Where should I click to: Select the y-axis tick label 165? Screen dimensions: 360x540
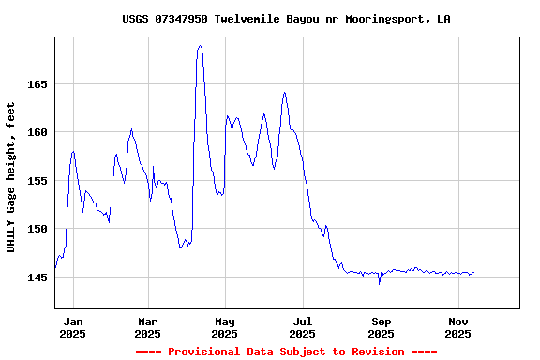[37, 83]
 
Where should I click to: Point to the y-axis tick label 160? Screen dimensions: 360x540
[37, 132]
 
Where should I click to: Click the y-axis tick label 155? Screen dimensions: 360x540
[37, 180]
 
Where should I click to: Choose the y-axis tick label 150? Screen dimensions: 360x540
[37, 229]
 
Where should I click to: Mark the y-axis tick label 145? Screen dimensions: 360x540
[37, 277]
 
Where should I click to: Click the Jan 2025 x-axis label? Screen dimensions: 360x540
[72, 326]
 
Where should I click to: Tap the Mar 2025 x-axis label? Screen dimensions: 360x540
[147, 326]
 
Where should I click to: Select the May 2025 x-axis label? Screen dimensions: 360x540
[225, 326]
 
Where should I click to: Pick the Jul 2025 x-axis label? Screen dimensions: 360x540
[302, 326]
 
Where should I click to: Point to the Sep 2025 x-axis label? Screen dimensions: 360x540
[381, 326]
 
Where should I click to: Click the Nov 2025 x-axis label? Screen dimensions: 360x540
[457, 326]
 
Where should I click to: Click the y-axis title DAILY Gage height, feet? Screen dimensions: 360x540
[11, 177]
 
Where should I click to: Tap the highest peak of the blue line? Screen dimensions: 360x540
[200, 46]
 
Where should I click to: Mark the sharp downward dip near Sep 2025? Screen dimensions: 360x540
[379, 282]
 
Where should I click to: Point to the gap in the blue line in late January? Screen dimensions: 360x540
[112, 192]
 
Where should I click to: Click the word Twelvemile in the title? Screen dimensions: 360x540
[249, 19]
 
